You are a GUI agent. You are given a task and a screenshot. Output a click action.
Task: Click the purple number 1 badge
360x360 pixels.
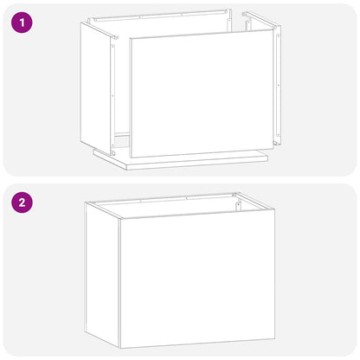pyautogui.click(x=22, y=22)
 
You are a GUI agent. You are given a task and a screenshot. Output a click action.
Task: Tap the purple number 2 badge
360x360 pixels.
pyautogui.click(x=22, y=204)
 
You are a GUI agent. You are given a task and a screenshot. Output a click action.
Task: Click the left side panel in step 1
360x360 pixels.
pyautogui.click(x=95, y=87)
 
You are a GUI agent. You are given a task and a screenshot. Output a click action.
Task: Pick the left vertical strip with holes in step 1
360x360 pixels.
pyautogui.click(x=112, y=87)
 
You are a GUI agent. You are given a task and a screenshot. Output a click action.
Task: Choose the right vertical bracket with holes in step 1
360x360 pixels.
pyautogui.click(x=278, y=87)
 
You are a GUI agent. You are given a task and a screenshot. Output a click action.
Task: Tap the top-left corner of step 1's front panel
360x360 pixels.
pyautogui.click(x=130, y=39)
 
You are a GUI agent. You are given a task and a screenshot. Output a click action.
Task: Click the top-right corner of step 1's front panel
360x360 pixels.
pyautogui.click(x=271, y=30)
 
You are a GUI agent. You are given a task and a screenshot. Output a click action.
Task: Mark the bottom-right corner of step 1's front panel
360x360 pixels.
pyautogui.click(x=272, y=148)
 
